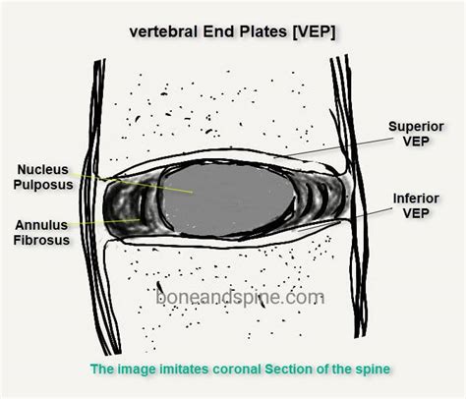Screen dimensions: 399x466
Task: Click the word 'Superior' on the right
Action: [417, 127]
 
